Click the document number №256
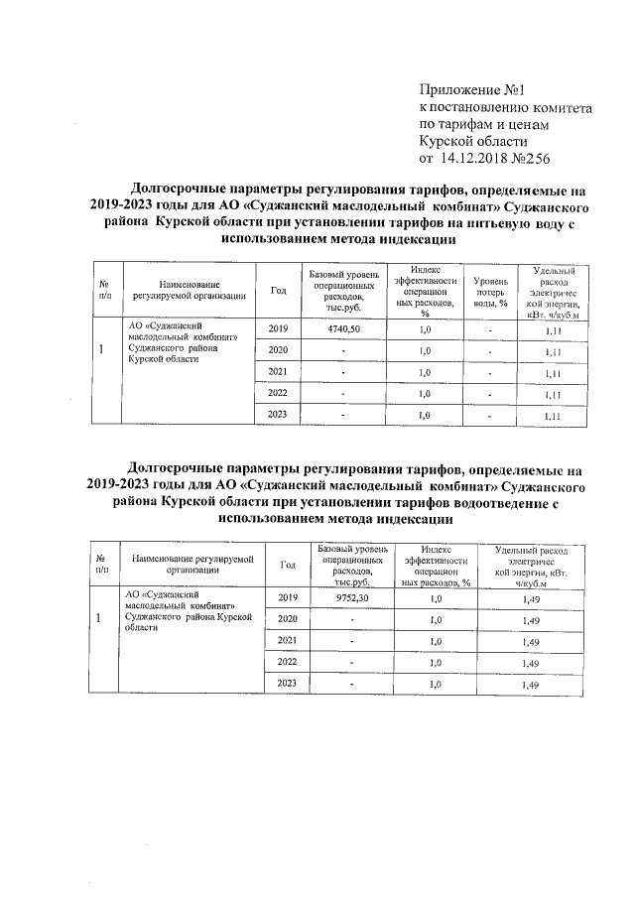(531, 158)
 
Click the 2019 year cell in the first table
(278, 329)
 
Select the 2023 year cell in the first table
(278, 415)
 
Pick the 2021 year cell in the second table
(288, 641)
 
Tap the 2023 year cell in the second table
(288, 685)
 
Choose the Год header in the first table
(278, 291)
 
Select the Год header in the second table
(288, 565)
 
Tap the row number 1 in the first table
(104, 350)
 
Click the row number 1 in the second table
(100, 619)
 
